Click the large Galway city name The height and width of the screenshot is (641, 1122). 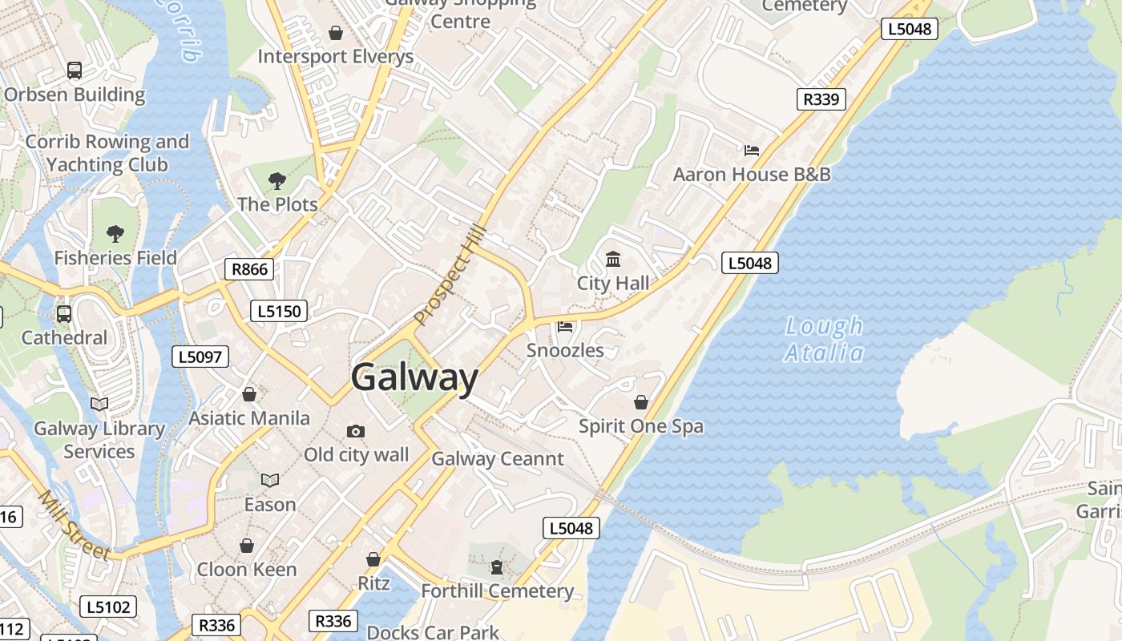pyautogui.click(x=414, y=377)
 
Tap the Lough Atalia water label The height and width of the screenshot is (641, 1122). pyautogui.click(x=824, y=339)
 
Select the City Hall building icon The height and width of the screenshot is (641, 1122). pyautogui.click(x=613, y=259)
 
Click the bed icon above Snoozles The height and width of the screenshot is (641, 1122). pyautogui.click(x=565, y=326)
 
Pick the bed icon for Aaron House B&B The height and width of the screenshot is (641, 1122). pyautogui.click(x=751, y=150)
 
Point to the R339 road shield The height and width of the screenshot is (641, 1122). pyautogui.click(x=821, y=99)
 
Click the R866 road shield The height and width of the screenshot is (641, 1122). pyautogui.click(x=249, y=269)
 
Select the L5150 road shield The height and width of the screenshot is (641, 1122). pyautogui.click(x=279, y=311)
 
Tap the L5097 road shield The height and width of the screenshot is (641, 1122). pyautogui.click(x=201, y=357)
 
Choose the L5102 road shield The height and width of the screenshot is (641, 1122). pyautogui.click(x=108, y=607)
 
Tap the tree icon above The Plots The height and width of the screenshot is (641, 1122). pyautogui.click(x=277, y=180)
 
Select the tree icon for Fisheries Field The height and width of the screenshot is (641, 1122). pyautogui.click(x=115, y=234)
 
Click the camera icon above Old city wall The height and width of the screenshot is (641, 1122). pyautogui.click(x=356, y=431)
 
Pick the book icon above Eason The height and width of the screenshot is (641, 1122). pyautogui.click(x=270, y=481)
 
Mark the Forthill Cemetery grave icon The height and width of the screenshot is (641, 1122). pyautogui.click(x=497, y=567)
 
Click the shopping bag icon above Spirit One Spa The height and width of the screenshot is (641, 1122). pyautogui.click(x=641, y=401)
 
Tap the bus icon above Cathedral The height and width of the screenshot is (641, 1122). pyautogui.click(x=64, y=314)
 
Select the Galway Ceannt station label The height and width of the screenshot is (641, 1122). pyautogui.click(x=498, y=459)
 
